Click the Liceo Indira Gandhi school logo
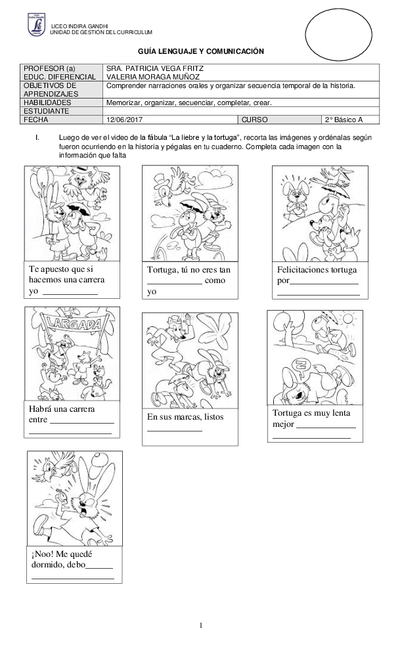tap(37, 24)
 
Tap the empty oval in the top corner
tap(338, 35)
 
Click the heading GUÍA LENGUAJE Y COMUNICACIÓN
tap(201, 51)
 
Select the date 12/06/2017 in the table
tap(124, 120)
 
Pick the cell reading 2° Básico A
tap(344, 120)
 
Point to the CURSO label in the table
tap(254, 120)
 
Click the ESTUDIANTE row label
tap(46, 111)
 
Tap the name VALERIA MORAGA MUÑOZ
tap(153, 77)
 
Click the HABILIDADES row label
tap(47, 102)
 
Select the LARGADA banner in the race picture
tap(74, 324)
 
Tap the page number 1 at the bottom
tap(201, 625)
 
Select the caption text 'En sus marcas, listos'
tap(185, 416)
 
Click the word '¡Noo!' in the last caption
tap(41, 554)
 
